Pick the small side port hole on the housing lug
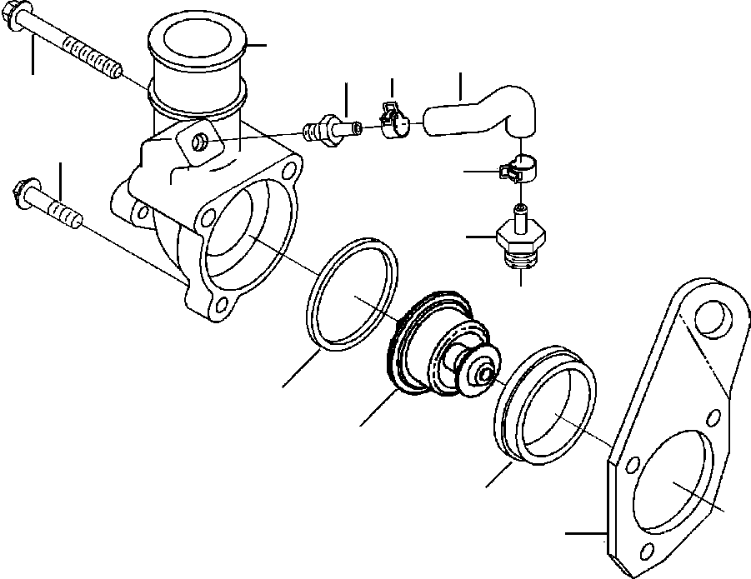click(200, 143)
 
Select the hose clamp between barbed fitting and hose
click(393, 122)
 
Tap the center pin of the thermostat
click(484, 376)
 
